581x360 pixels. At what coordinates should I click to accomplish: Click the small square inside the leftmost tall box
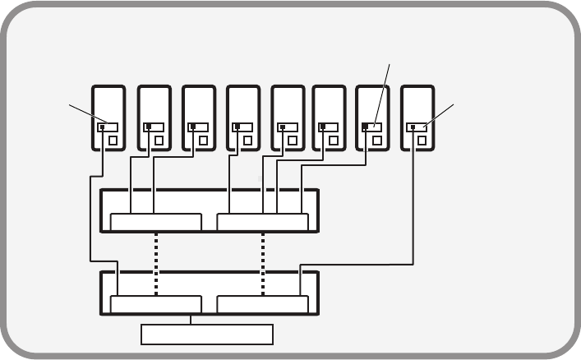[113, 141]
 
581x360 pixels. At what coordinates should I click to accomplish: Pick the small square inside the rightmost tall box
[422, 141]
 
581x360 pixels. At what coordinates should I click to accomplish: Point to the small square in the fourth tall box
[247, 141]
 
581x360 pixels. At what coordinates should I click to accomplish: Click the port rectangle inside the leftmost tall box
[108, 127]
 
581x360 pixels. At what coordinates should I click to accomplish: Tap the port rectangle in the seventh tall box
[371, 127]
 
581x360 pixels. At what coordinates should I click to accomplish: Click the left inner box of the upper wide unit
[155, 222]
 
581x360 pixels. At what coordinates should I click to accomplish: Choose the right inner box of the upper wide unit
[263, 222]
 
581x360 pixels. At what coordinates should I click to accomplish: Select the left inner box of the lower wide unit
[155, 304]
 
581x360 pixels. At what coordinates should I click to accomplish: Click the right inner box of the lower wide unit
[263, 304]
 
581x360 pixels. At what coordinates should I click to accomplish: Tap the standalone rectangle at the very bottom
[206, 335]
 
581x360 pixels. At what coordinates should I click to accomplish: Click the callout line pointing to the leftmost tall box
[85, 114]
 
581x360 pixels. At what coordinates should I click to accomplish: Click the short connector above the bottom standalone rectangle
[191, 319]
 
